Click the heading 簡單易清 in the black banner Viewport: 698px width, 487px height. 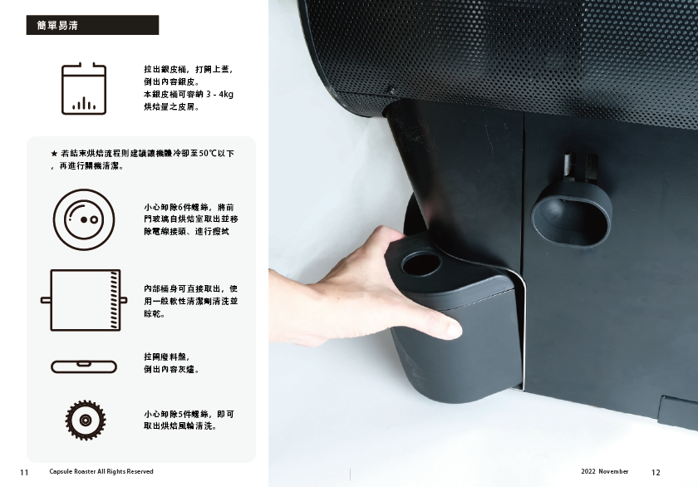click(57, 26)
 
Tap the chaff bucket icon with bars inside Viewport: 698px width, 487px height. click(84, 89)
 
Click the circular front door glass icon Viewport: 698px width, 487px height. click(84, 219)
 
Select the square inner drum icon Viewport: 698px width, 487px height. click(84, 300)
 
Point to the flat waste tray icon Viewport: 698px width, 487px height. click(84, 366)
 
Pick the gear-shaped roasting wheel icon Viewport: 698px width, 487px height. click(86, 420)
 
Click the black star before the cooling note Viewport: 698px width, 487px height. click(54, 154)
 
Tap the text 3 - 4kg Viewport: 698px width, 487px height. click(219, 95)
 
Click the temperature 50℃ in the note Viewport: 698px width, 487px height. click(208, 154)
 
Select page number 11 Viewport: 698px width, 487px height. click(24, 472)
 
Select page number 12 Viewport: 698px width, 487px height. click(656, 472)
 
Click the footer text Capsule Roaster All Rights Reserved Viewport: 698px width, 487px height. click(101, 471)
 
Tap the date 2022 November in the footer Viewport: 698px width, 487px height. click(605, 471)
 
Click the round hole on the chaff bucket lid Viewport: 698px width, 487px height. click(420, 263)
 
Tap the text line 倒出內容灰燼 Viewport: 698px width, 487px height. click(172, 370)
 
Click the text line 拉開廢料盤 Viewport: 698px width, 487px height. click(167, 357)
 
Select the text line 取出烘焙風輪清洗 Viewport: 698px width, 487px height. click(180, 426)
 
